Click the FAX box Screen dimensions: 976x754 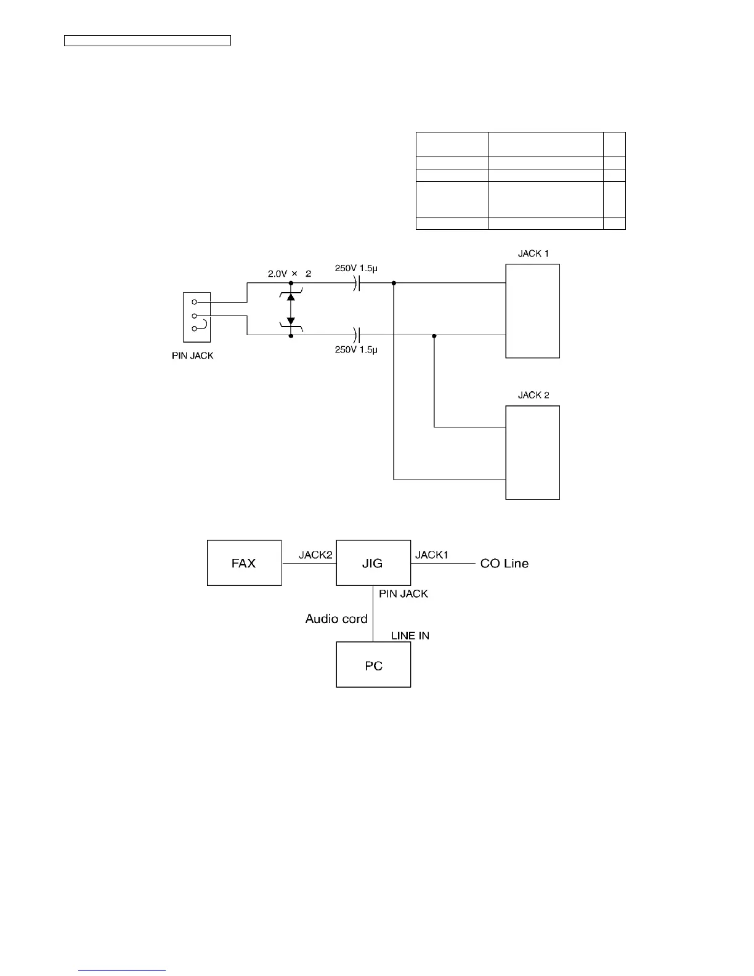click(244, 563)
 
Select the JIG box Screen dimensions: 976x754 click(373, 563)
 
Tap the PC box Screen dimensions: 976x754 click(373, 665)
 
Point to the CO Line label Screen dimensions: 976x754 click(504, 563)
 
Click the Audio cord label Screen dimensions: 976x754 click(336, 619)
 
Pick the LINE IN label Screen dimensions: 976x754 click(410, 635)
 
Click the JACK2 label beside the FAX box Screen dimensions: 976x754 click(315, 555)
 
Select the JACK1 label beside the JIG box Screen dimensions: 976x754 click(431, 555)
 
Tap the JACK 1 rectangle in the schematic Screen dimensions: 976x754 click(532, 311)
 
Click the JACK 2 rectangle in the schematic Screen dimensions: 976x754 click(532, 452)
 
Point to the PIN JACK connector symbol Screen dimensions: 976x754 click(197, 317)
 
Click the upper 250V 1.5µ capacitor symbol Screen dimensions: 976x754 click(357, 283)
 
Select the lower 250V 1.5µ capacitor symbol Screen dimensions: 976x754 click(357, 335)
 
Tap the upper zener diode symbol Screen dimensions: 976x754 click(291, 296)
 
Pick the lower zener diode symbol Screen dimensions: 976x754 click(291, 322)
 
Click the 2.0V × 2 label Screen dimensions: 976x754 click(289, 274)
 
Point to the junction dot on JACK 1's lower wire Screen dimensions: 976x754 click(434, 336)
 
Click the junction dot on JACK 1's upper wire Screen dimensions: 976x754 click(394, 283)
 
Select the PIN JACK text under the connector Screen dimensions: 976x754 click(192, 356)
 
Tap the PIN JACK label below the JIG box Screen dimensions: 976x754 click(403, 594)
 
